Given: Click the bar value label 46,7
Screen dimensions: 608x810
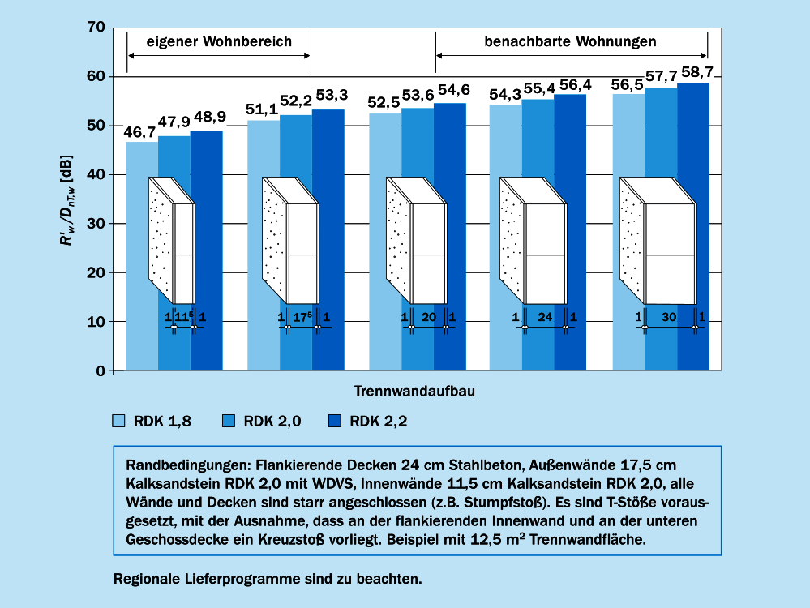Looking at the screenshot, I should tap(140, 131).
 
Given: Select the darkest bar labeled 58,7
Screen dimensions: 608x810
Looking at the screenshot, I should tap(694, 227).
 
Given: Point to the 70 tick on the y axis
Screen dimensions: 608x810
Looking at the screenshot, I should tap(95, 28).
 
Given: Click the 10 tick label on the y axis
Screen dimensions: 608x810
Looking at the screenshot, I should tap(95, 322).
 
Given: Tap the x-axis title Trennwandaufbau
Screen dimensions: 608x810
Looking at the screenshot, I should tap(414, 391).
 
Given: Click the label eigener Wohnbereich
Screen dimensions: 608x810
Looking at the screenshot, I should tap(218, 41).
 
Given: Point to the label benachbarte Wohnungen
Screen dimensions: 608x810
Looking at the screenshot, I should tap(570, 41).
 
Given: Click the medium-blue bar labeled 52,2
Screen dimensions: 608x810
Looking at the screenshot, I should tap(296, 243).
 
